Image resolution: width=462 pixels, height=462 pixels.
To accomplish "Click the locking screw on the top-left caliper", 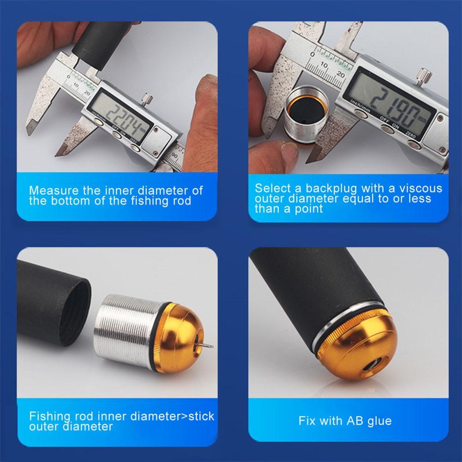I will [x=147, y=98].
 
